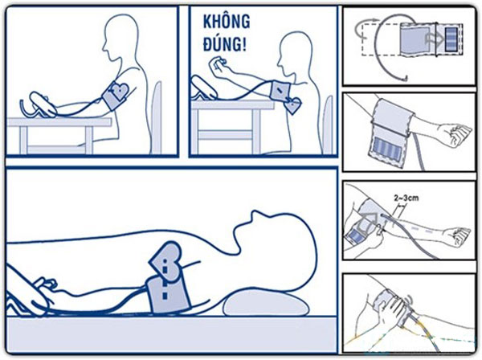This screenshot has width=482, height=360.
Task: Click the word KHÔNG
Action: (x=227, y=22)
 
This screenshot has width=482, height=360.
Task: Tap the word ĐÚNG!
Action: (x=225, y=44)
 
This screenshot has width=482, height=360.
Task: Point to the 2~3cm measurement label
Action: (x=406, y=198)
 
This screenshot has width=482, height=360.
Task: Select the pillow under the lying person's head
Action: (x=266, y=304)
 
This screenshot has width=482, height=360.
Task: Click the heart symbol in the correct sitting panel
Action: (x=119, y=90)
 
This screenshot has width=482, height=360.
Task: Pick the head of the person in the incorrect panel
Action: (x=296, y=53)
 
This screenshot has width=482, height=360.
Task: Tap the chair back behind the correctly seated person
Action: (x=157, y=117)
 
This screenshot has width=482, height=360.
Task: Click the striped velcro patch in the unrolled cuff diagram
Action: (x=451, y=39)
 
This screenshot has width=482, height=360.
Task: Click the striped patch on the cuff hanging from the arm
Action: (x=388, y=149)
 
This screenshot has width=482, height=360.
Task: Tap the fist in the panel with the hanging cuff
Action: (x=457, y=135)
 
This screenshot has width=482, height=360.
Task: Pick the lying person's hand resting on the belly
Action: (x=46, y=283)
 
